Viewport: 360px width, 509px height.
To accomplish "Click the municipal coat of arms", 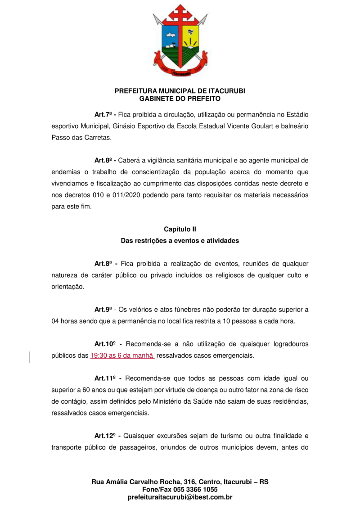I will [x=180, y=41].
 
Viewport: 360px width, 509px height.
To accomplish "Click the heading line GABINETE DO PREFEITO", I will [x=180, y=98].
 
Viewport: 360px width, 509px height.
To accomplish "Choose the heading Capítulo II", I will [x=180, y=230].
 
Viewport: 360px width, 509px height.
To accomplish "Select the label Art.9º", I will [x=103, y=310].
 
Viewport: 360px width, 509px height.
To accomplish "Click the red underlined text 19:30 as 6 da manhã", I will [x=122, y=356].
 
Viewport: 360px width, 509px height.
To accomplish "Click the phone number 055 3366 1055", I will [x=197, y=490].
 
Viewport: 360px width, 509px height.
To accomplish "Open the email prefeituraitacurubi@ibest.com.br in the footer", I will [x=180, y=497].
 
